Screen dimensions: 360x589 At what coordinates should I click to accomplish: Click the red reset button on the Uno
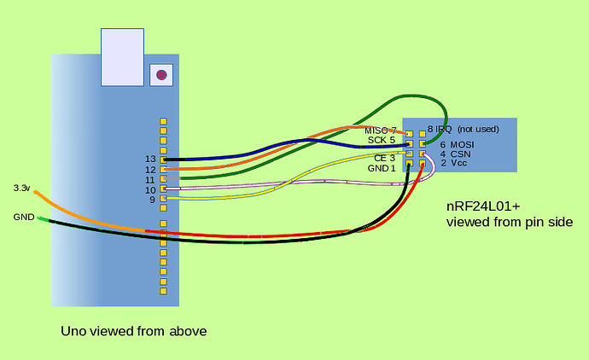click(160, 75)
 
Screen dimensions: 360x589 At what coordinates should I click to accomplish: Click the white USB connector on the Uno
click(122, 57)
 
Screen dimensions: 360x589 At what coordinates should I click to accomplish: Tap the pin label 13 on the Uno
click(150, 160)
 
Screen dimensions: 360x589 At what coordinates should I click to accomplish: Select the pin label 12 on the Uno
click(150, 170)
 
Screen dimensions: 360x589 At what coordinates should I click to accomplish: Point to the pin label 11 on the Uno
click(150, 180)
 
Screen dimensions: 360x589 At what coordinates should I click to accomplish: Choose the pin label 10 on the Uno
click(150, 190)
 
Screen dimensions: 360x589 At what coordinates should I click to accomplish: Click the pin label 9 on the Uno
click(152, 200)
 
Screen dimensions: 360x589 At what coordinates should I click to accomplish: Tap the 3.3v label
click(22, 188)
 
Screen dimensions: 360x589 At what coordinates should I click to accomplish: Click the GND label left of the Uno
click(23, 218)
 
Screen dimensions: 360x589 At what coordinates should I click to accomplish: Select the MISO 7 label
click(380, 131)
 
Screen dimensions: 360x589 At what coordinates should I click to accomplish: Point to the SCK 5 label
click(382, 140)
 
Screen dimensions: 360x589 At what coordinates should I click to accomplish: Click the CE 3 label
click(385, 158)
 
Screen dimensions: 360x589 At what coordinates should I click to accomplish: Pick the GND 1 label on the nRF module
click(382, 168)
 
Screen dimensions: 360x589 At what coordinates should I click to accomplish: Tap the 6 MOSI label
click(456, 145)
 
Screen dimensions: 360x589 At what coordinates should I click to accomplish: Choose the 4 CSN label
click(454, 154)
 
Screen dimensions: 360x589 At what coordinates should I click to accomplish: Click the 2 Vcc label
click(453, 163)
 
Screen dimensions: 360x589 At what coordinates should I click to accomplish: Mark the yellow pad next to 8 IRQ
click(422, 134)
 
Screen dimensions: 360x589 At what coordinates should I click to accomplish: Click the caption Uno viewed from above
click(134, 331)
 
